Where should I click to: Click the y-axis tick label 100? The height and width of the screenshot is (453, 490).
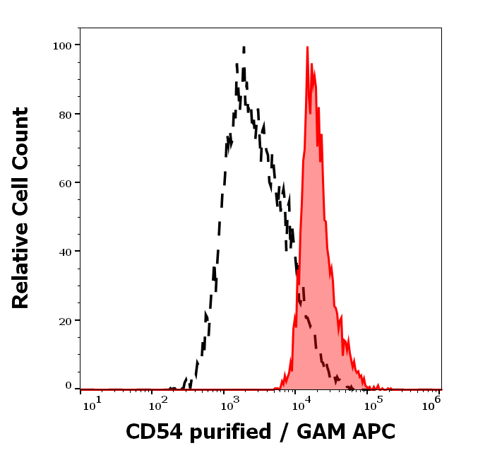click(x=63, y=45)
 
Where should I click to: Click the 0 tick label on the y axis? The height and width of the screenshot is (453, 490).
click(x=68, y=386)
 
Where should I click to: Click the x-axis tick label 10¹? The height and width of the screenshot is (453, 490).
click(x=92, y=403)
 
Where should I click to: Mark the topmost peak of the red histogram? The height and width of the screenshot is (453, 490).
click(x=307, y=47)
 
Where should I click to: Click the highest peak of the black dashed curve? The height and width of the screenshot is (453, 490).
click(x=244, y=48)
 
